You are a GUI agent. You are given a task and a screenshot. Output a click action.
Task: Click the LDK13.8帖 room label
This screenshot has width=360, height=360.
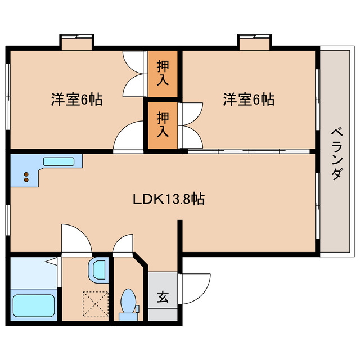[x=168, y=199]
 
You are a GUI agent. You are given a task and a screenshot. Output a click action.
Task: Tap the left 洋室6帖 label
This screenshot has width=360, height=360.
[x=76, y=100]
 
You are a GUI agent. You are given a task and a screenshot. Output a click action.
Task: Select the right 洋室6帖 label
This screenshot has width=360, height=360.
[x=248, y=100]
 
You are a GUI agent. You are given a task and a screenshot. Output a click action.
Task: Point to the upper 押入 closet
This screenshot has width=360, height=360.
[x=163, y=74]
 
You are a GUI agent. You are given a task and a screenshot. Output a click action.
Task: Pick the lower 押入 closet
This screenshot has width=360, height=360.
[x=163, y=125]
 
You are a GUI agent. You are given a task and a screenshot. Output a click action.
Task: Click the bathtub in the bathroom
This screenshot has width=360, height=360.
[x=33, y=306]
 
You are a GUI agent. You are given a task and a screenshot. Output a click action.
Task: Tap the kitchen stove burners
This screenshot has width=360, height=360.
[x=26, y=178]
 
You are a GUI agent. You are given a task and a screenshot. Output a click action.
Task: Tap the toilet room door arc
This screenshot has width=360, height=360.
[x=123, y=245]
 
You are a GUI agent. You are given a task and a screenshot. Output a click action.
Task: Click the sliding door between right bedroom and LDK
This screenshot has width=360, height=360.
[x=248, y=151]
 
